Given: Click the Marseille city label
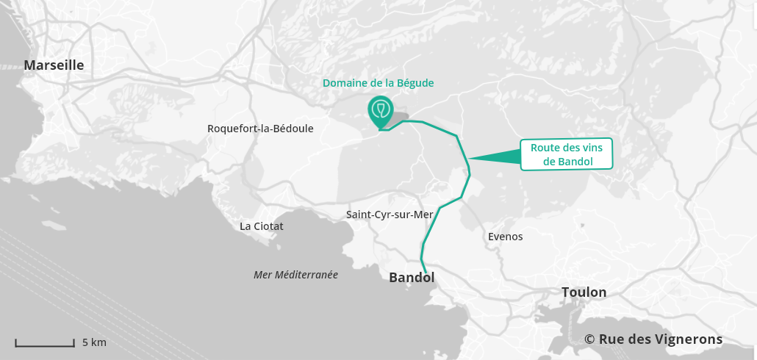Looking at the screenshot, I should click(x=54, y=65).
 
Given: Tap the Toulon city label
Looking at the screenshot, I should click(x=584, y=292).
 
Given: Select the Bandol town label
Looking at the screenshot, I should click(x=412, y=278).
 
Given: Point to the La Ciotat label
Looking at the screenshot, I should click(x=261, y=226).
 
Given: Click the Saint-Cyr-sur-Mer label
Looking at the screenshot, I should click(x=390, y=215).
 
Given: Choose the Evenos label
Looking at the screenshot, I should click(x=505, y=237).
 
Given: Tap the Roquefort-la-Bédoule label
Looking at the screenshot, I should click(x=260, y=129).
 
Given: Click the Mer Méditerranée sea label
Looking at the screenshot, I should click(x=295, y=275).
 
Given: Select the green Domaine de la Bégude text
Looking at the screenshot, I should click(x=378, y=83).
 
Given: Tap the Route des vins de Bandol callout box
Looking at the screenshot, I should click(x=566, y=155).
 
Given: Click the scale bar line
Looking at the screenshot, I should click(x=45, y=344).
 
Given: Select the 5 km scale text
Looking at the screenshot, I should click(x=94, y=342).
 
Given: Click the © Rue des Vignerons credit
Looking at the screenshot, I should click(x=653, y=339).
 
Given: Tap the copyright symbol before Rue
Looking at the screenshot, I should click(x=589, y=339).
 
